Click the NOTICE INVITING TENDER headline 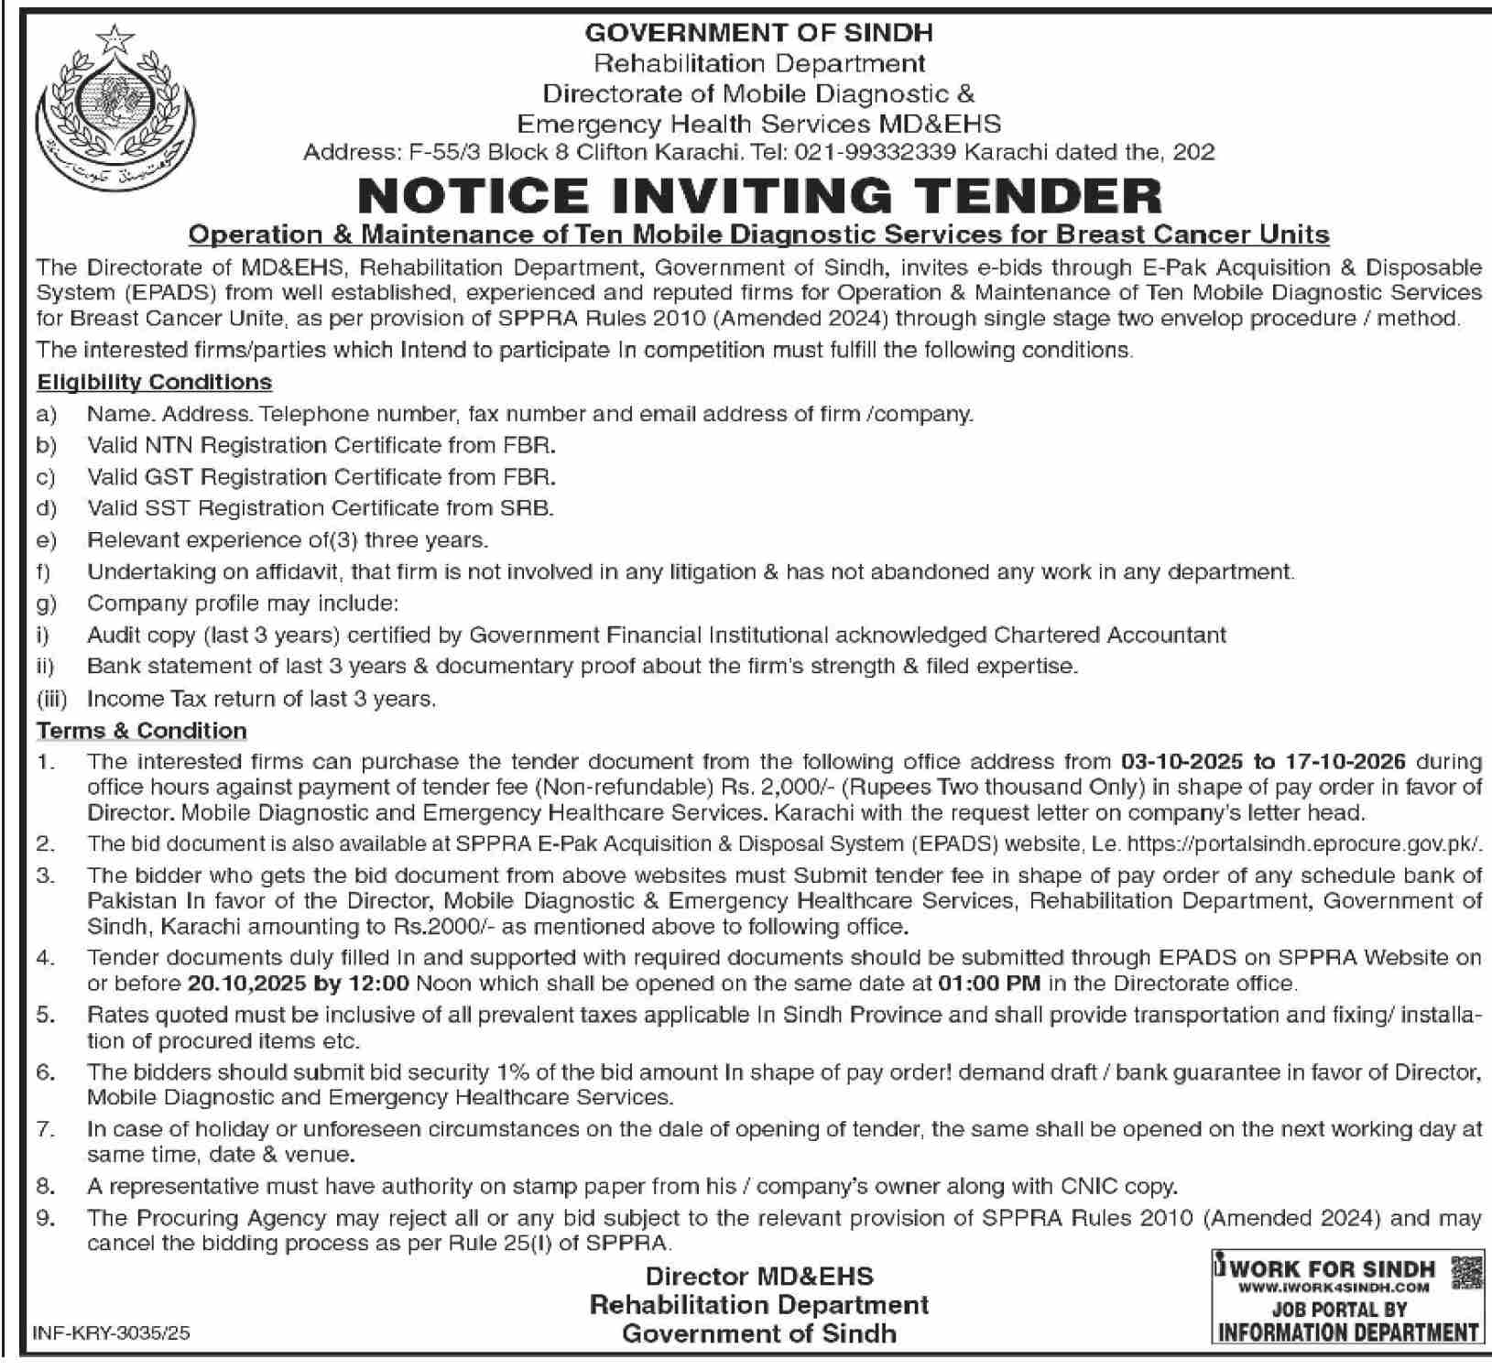759,195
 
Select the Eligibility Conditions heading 154,382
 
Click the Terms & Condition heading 142,731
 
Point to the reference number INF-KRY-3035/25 111,1334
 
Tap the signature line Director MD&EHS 759,1276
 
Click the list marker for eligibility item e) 46,540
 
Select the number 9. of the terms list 46,1218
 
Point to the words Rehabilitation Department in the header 759,63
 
